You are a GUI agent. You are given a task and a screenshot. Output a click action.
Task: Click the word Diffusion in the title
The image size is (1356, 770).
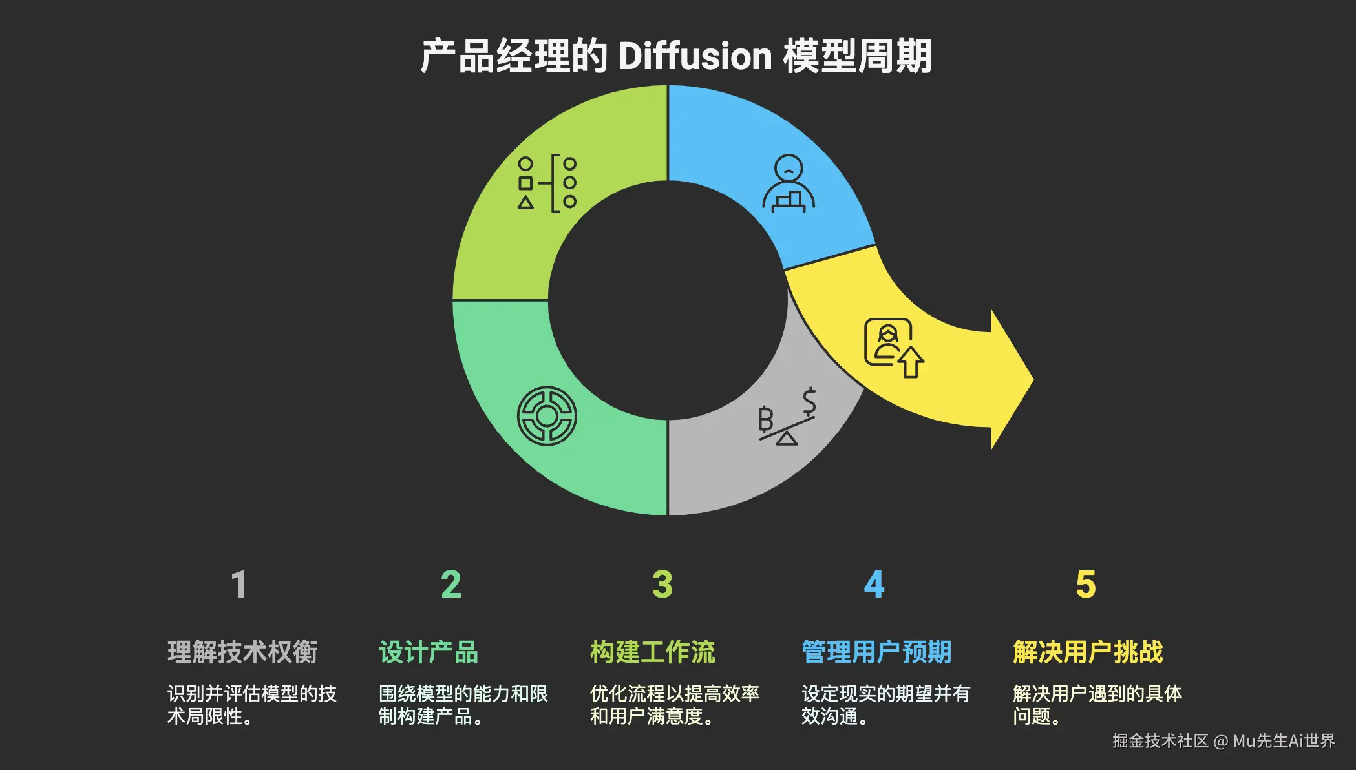tap(695, 56)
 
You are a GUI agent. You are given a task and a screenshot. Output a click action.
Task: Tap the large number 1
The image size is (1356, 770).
tap(239, 585)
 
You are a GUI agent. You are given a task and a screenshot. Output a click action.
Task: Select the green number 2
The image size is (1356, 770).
tap(451, 585)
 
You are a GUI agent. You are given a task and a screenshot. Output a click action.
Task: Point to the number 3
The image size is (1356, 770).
tap(662, 585)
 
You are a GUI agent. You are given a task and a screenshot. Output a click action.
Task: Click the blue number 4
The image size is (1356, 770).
tap(874, 585)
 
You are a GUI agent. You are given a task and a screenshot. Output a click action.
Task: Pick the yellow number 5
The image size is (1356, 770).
tap(1086, 585)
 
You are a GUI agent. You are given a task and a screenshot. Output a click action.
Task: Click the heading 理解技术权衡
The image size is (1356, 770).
tap(242, 652)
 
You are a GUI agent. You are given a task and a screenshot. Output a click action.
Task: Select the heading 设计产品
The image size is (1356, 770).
tap(428, 652)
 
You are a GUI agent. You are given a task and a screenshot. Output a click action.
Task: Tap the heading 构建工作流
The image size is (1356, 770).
tap(653, 652)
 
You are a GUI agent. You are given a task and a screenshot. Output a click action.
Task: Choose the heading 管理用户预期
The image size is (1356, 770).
tap(876, 652)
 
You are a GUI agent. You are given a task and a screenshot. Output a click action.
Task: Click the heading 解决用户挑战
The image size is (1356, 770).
tap(1088, 652)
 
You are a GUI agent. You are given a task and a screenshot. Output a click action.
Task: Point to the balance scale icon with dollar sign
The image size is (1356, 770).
tap(787, 417)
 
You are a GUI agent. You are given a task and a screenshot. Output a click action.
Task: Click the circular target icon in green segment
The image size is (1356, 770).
tap(547, 416)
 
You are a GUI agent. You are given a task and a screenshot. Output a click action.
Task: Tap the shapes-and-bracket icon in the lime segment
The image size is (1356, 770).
tap(547, 183)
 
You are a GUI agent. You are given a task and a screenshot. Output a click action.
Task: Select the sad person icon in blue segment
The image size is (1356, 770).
tap(789, 183)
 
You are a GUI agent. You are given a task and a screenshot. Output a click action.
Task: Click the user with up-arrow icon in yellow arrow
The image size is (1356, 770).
tap(894, 348)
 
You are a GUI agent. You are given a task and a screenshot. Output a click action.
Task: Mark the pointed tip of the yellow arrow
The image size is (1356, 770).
tap(1032, 379)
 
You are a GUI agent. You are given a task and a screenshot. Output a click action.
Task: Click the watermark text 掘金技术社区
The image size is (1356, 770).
tap(1160, 741)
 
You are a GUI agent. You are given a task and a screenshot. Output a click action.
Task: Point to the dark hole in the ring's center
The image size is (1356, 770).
tap(668, 300)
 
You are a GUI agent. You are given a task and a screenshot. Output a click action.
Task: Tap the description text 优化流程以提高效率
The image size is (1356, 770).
tap(674, 694)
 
